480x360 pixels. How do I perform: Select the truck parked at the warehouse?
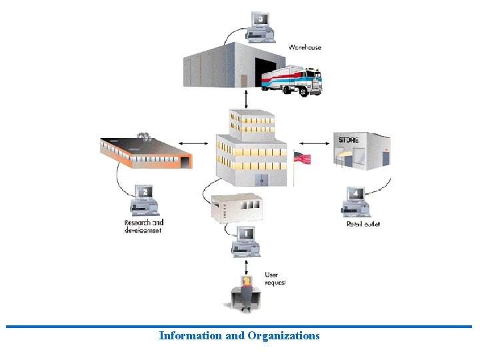293,81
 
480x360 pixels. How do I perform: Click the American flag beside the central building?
302,159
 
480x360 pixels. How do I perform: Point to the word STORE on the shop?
348,141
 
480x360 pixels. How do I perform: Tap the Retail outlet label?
363,224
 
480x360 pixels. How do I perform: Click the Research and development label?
143,226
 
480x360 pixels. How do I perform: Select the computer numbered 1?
245,241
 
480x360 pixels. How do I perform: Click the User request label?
275,279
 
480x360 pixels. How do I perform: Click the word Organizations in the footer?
283,335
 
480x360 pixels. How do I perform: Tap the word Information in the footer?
191,335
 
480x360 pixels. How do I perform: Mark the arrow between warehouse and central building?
247,99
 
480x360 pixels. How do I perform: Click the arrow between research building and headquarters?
195,142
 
